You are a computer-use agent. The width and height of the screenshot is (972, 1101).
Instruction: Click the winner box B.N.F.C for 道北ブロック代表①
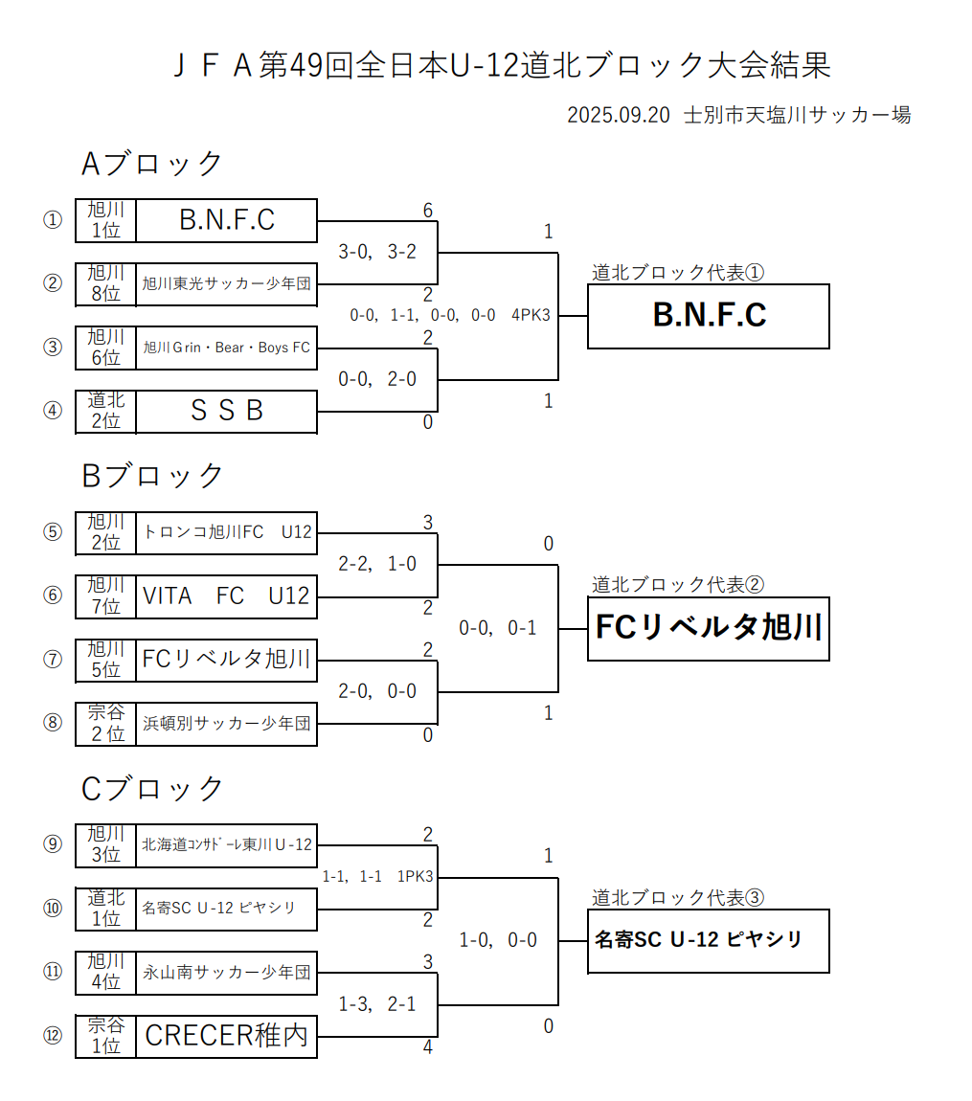(x=708, y=316)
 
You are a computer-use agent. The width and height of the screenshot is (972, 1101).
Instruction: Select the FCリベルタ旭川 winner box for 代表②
(x=708, y=629)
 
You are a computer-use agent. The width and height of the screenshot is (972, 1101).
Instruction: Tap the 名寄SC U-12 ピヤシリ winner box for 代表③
(x=708, y=940)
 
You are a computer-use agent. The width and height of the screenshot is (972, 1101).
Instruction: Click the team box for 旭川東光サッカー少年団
(x=227, y=283)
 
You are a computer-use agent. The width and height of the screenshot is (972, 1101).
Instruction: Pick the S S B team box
(x=227, y=411)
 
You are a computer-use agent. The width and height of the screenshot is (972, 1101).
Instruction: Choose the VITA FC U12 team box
(x=227, y=595)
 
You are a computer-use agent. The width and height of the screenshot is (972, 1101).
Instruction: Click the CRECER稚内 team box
(x=227, y=1036)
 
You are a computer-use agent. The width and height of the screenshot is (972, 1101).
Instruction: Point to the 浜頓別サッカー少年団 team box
(x=227, y=724)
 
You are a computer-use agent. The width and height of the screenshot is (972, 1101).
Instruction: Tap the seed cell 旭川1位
(x=105, y=220)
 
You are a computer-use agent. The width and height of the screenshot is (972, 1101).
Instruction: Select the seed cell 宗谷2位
(x=105, y=724)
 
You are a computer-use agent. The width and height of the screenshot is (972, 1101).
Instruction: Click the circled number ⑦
(x=53, y=660)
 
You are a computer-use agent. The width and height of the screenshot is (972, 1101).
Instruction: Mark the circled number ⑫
(x=53, y=1036)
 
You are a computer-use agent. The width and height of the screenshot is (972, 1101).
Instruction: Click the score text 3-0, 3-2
(x=377, y=252)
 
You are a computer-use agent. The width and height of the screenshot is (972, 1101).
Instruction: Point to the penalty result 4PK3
(x=531, y=315)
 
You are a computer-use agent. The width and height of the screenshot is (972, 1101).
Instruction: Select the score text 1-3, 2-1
(x=377, y=1004)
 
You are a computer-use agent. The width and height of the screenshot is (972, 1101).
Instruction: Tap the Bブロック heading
(x=152, y=476)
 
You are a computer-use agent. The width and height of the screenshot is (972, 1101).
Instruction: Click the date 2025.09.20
(x=617, y=116)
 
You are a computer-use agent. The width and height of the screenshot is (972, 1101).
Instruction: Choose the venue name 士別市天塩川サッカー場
(x=797, y=116)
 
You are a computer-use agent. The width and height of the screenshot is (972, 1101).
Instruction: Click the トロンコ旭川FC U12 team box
(x=227, y=532)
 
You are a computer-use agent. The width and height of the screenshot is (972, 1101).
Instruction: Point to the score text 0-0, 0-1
(x=498, y=628)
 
